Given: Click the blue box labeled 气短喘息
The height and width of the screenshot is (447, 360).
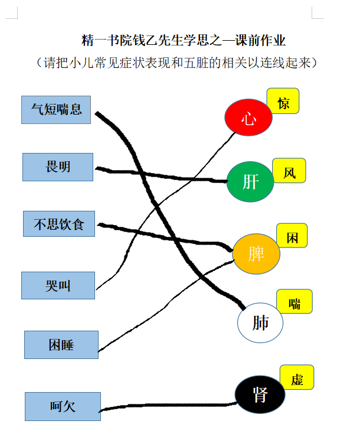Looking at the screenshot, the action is pos(56,110).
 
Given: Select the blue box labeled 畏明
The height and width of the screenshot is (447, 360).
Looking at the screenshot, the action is pos(58,167).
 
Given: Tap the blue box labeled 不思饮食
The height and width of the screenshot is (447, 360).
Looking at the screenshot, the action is pos(59,224).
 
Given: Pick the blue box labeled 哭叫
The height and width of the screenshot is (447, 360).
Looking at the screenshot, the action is pos(58,285).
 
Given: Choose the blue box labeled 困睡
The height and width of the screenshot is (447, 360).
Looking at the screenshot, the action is pos(61,345).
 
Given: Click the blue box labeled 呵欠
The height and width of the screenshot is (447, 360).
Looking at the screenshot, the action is pos(63,406).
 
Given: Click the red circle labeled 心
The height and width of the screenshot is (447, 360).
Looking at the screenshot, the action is pos(248,117).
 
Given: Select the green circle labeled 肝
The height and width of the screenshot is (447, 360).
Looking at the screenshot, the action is pos(250,182).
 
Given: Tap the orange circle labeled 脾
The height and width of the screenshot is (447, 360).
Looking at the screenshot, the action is pos(256,254).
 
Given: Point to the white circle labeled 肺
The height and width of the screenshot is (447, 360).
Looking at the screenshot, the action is pos(260,322).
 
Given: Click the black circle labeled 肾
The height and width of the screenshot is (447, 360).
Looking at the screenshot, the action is pos(260,394).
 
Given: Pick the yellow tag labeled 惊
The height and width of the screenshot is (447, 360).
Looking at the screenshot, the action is pos(283,101).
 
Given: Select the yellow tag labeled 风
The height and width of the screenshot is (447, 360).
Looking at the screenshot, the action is pos(289,171).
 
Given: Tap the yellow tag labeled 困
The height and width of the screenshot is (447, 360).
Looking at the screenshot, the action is pos(292,236).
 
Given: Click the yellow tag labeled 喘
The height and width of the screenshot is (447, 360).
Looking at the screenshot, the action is pos(294,301).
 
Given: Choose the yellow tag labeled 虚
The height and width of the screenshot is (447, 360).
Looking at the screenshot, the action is pos(297,377).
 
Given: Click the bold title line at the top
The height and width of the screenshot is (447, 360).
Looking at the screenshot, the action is pos(183,40).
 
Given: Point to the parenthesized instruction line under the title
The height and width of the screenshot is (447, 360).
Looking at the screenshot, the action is pos(176,63).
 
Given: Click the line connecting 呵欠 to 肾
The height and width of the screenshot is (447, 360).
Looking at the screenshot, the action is pos(168,405).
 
